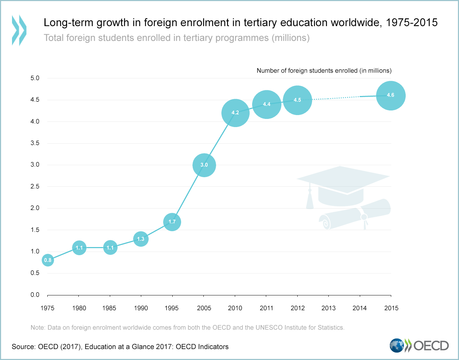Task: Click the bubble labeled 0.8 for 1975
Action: pyautogui.click(x=48, y=260)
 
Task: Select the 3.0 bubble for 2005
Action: pyautogui.click(x=204, y=165)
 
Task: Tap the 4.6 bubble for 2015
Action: pyautogui.click(x=391, y=95)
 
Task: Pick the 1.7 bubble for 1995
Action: pyautogui.click(x=172, y=222)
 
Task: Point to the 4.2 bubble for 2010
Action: pyautogui.click(x=235, y=113)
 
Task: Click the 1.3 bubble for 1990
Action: pyautogui.click(x=141, y=239)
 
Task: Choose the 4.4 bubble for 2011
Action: pyautogui.click(x=267, y=104)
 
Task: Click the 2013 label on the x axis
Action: pyautogui.click(x=328, y=308)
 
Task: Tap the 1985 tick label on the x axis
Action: pyautogui.click(x=109, y=308)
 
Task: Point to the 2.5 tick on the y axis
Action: pyautogui.click(x=35, y=186)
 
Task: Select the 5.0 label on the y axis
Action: pyautogui.click(x=35, y=78)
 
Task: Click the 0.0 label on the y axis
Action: pyautogui.click(x=35, y=295)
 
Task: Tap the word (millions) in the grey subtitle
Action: pyautogui.click(x=290, y=38)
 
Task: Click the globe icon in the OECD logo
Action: pyautogui.click(x=397, y=346)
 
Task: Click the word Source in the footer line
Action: pyautogui.click(x=23, y=347)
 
